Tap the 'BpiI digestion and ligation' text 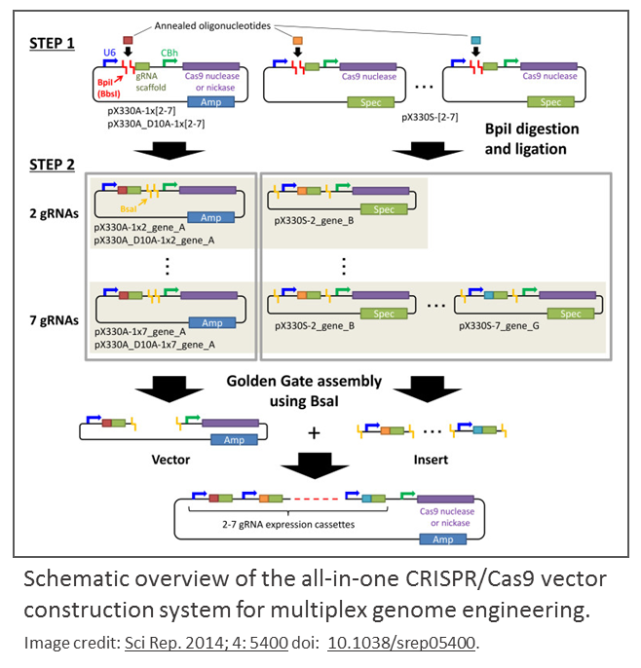point(531,139)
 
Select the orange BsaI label point(129,207)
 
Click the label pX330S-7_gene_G point(505,329)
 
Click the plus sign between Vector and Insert point(314,431)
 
